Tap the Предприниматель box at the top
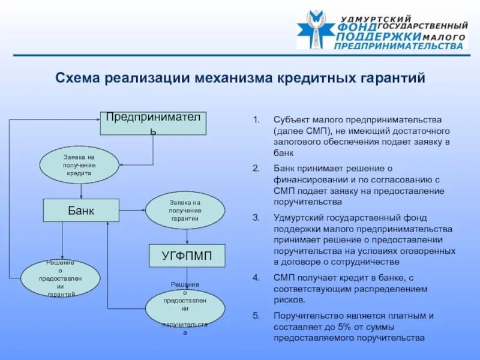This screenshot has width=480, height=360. pyautogui.click(x=153, y=123)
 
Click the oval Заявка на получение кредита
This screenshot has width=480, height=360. pyautogui.click(x=79, y=165)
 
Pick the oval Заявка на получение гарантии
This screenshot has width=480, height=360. pyautogui.click(x=185, y=211)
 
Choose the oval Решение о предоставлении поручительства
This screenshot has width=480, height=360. pyautogui.click(x=185, y=310)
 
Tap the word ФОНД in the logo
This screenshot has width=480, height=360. pyautogui.click(x=358, y=28)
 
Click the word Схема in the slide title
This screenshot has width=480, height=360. pyautogui.click(x=77, y=78)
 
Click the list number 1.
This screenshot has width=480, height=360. pyautogui.click(x=256, y=119)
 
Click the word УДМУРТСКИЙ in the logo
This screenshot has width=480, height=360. pyautogui.click(x=376, y=19)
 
